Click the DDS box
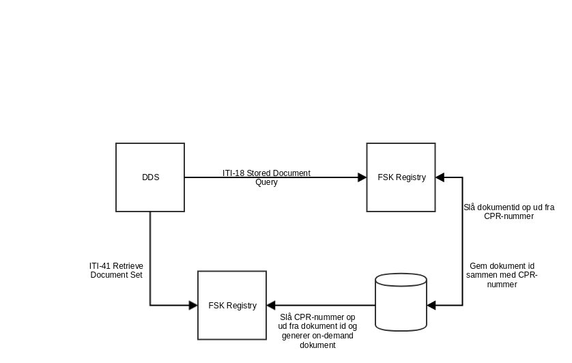point(150,177)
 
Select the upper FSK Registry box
point(401,177)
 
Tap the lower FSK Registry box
point(232,305)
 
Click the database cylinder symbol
point(401,301)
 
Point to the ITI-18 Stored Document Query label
point(266,177)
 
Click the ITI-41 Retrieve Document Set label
point(116,270)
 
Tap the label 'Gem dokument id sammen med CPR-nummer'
point(502,275)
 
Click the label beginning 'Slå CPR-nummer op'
point(318,331)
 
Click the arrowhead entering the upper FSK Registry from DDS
point(362,177)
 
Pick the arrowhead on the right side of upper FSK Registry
point(440,177)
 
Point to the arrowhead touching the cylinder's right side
point(431,305)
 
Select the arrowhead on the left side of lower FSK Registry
point(193,305)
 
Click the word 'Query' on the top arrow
point(266,182)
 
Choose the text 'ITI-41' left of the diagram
point(100,265)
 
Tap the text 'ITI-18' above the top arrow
point(233,173)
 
